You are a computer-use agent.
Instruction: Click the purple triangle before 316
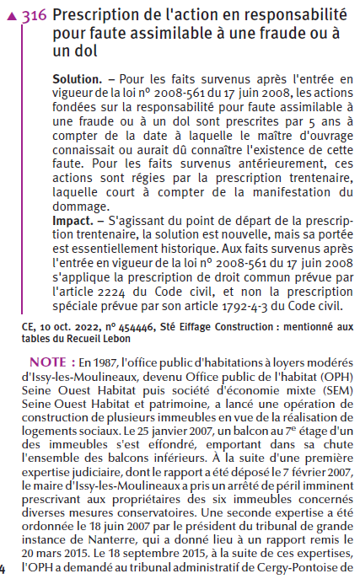tap(11, 16)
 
